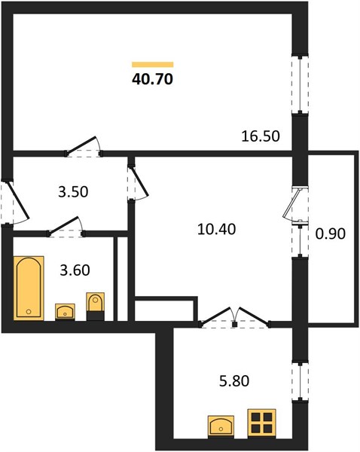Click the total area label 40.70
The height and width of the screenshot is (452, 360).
[152, 79]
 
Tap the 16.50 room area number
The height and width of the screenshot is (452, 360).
[261, 136]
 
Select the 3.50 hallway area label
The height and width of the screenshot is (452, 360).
[73, 192]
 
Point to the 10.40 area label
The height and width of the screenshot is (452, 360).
[216, 230]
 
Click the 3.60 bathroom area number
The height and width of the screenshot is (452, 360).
[75, 270]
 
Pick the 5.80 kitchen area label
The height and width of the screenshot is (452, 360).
[234, 380]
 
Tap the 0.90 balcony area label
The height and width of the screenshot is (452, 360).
[331, 234]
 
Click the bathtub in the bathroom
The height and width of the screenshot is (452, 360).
[29, 288]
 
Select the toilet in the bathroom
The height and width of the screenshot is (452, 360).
[96, 307]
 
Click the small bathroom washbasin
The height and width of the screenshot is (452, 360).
[65, 312]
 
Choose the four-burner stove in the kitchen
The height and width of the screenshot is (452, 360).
[261, 423]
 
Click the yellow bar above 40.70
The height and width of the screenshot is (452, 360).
[152, 65]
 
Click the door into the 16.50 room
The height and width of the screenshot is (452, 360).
[84, 146]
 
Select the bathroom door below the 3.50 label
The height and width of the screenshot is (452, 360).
[66, 227]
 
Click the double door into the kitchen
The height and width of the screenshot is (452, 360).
[235, 318]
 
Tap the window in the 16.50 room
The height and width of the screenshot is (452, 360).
[300, 84]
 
